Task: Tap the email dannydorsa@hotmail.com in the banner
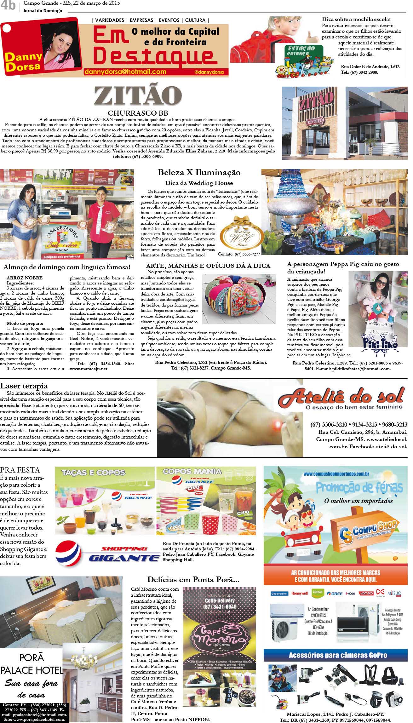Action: pyautogui.click(x=125, y=72)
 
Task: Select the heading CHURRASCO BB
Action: pyautogui.click(x=138, y=113)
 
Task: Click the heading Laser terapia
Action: pyautogui.click(x=24, y=386)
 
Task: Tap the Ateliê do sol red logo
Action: pyautogui.click(x=341, y=397)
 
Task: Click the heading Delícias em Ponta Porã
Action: pyautogui.click(x=193, y=580)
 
